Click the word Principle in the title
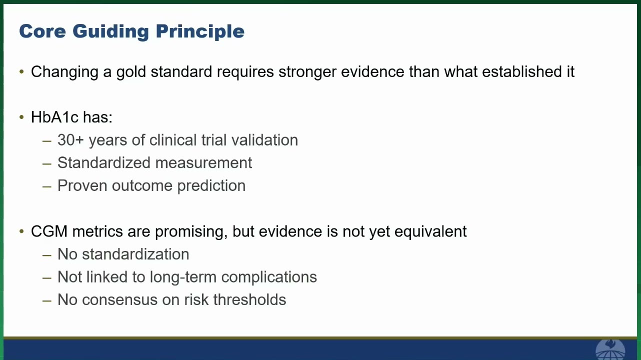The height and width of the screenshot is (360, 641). [200, 31]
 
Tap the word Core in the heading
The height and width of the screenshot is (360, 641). [42, 31]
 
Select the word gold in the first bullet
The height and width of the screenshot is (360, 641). [131, 72]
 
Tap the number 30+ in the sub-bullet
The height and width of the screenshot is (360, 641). [70, 140]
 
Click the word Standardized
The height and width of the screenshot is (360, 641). [104, 163]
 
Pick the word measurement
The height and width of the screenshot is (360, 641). [203, 163]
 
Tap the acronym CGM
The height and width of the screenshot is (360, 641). [49, 231]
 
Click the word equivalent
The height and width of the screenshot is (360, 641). [430, 232]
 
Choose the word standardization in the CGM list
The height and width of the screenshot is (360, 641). [135, 254]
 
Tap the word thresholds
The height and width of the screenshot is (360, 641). [249, 299]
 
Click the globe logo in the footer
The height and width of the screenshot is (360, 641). [610, 350]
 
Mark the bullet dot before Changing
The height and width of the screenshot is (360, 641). [21, 71]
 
